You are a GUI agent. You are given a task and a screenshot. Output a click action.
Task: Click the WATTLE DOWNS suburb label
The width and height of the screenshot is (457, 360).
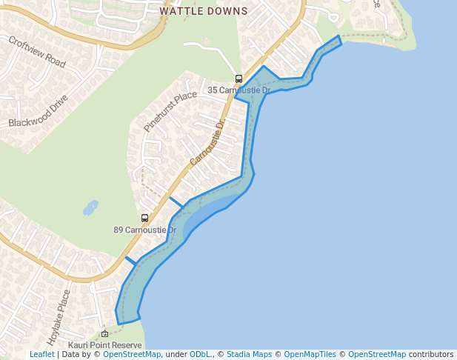204,12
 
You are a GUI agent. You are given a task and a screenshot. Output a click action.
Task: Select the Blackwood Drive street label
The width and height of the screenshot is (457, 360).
39,110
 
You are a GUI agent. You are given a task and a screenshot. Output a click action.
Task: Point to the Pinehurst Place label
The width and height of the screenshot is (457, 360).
170,111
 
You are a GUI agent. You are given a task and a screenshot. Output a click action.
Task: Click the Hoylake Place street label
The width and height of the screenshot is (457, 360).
59,318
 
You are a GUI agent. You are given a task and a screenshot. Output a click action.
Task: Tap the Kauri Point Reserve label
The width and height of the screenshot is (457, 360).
104,345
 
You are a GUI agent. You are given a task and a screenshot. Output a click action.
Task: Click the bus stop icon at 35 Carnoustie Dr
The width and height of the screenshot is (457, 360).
238,79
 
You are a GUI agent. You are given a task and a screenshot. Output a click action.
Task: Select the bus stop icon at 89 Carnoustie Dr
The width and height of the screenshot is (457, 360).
144,218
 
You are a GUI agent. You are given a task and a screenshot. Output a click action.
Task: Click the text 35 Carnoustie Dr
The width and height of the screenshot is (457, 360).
238,90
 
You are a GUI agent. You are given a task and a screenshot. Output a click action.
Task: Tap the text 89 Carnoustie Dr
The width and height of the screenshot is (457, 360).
144,230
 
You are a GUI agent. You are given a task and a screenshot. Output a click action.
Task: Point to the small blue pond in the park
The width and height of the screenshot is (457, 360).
90,207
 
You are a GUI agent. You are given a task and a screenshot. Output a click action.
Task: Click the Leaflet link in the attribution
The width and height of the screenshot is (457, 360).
41,355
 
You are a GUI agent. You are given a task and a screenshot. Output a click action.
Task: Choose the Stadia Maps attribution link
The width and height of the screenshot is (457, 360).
249,355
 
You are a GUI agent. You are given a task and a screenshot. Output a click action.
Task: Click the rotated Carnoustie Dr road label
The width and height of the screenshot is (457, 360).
207,143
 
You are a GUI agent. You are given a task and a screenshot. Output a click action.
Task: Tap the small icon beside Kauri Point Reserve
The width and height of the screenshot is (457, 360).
104,334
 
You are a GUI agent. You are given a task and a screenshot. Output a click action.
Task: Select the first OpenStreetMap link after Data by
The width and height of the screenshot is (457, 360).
132,355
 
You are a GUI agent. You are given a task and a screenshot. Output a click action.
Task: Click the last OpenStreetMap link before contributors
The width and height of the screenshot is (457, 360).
377,355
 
